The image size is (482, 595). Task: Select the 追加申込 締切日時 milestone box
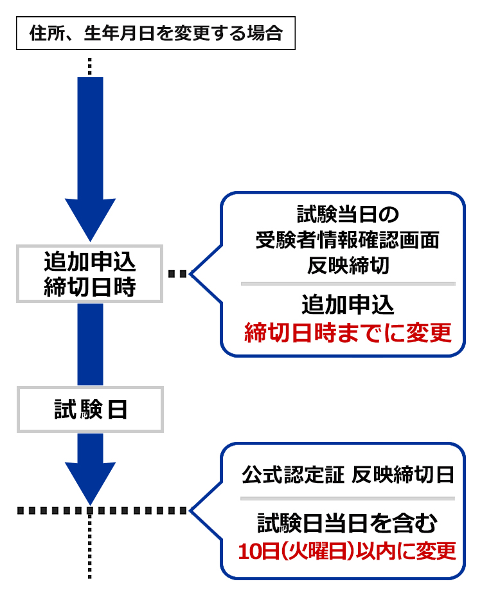click(89, 273)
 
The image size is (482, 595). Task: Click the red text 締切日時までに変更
click(348, 333)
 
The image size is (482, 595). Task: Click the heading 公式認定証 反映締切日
click(348, 475)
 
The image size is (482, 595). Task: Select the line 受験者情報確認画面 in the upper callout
click(348, 241)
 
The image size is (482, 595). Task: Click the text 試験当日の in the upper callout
click(348, 213)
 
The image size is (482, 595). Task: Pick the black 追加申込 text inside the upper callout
click(348, 304)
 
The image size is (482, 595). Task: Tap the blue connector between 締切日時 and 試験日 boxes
click(90, 343)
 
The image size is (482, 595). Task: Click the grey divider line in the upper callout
click(348, 283)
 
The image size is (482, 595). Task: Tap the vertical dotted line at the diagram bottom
click(90, 547)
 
